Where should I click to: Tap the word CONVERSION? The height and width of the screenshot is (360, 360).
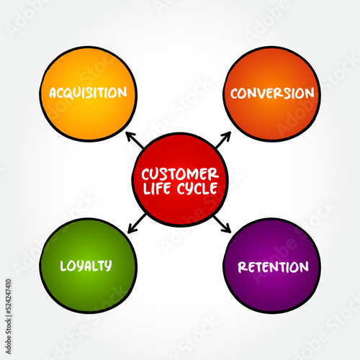coord(272,93)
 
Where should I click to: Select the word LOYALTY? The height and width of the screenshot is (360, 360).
coord(86,266)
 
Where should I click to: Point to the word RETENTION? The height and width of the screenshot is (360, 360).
coord(274,267)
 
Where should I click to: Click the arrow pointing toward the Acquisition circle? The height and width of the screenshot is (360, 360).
coord(134,140)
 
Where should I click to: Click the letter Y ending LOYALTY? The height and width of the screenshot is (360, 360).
coord(108,266)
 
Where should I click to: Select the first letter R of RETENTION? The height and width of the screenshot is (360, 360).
coord(243,267)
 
